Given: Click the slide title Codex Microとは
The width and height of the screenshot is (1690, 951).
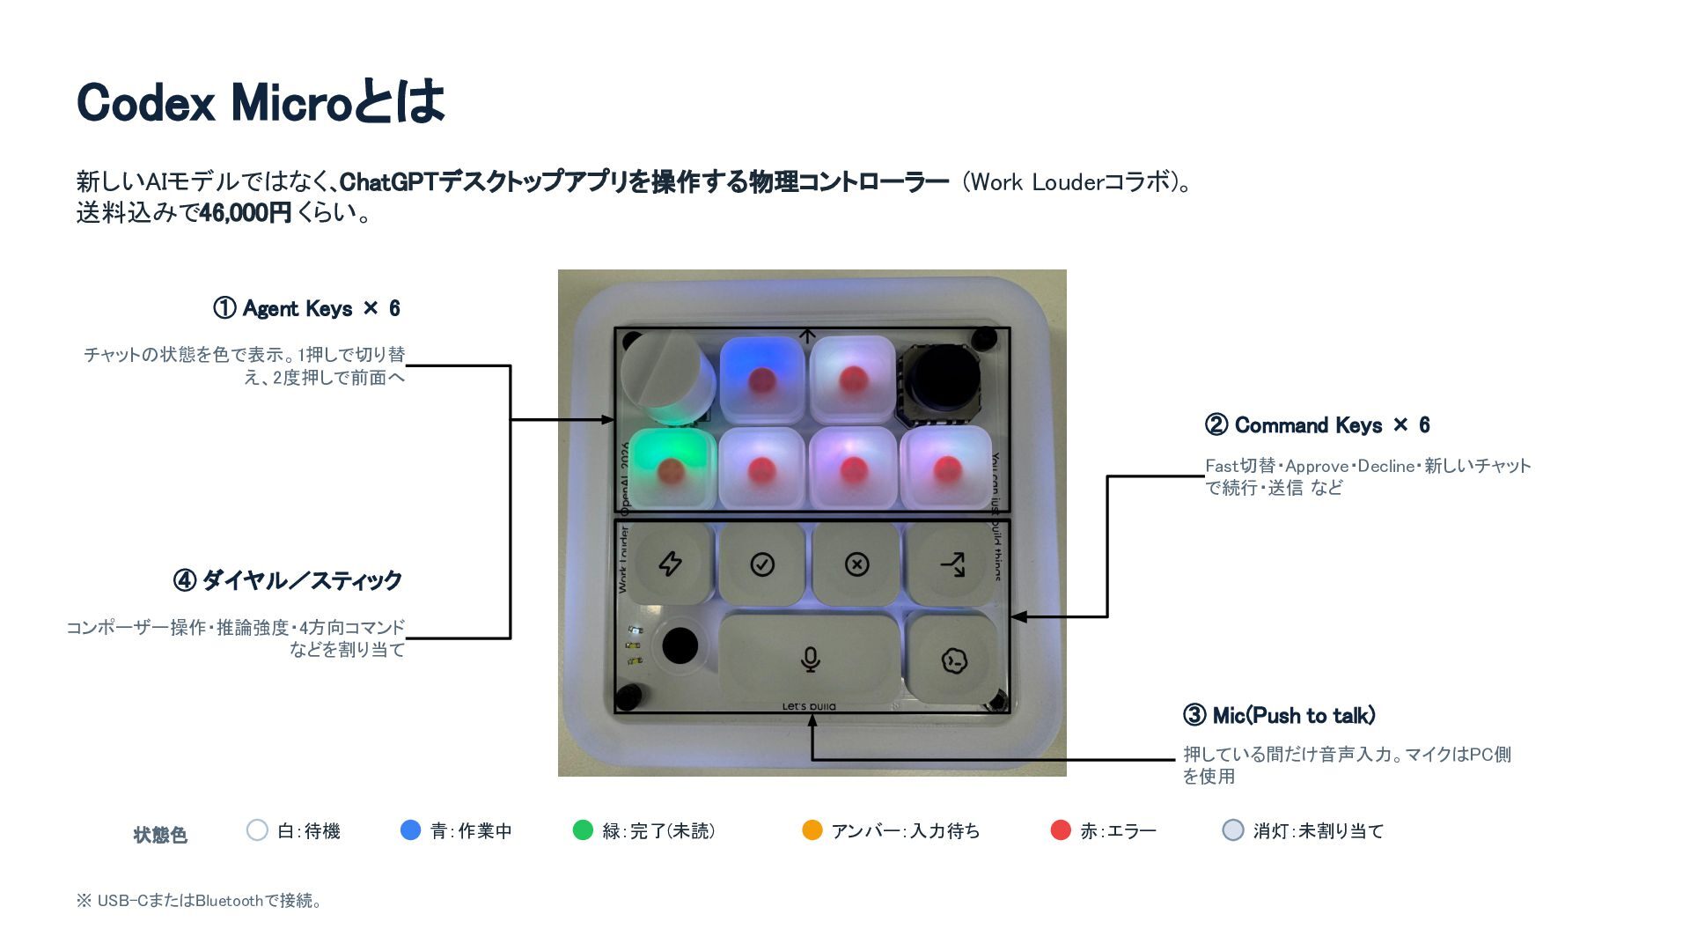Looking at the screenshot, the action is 261,101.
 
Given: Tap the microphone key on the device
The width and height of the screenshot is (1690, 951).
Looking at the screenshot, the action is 810,659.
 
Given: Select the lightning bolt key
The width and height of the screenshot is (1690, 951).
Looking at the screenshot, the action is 671,564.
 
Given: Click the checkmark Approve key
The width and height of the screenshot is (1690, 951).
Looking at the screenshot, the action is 762,564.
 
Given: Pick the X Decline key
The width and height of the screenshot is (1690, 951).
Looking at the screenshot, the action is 856,564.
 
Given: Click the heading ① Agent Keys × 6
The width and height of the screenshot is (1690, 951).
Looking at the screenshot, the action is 306,308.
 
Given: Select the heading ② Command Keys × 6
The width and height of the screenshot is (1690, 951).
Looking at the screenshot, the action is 1317,425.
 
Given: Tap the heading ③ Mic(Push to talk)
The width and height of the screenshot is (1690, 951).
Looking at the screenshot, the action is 1279,715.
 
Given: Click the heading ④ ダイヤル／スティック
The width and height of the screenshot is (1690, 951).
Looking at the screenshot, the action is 288,580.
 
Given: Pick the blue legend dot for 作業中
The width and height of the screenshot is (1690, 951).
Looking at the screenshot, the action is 410,829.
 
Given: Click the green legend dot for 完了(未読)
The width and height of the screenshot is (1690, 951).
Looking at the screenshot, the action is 583,829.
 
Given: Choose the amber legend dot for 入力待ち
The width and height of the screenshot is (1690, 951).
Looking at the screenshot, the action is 812,829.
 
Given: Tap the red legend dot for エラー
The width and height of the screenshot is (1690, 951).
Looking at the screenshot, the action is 1061,829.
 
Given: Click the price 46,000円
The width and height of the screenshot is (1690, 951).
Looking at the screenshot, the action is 246,213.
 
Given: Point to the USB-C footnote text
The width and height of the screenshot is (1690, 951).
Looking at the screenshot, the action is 200,901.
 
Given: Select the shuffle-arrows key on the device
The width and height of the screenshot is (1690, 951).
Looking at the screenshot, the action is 952,564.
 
